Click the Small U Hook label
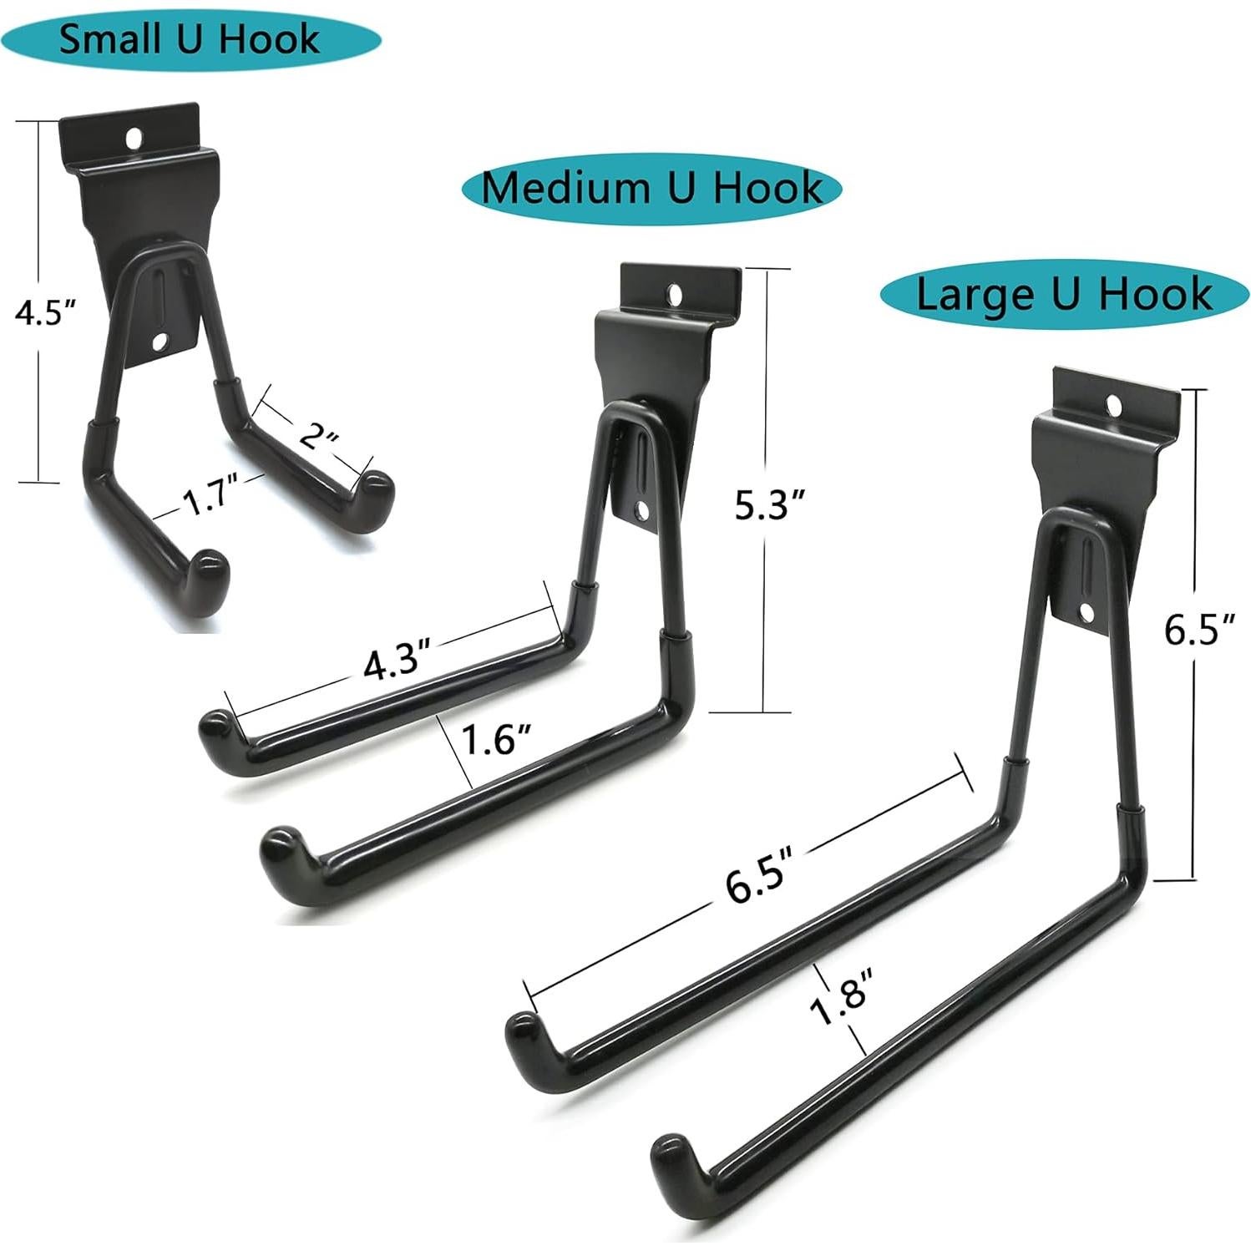coord(189,39)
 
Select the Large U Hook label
coord(1064,294)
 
